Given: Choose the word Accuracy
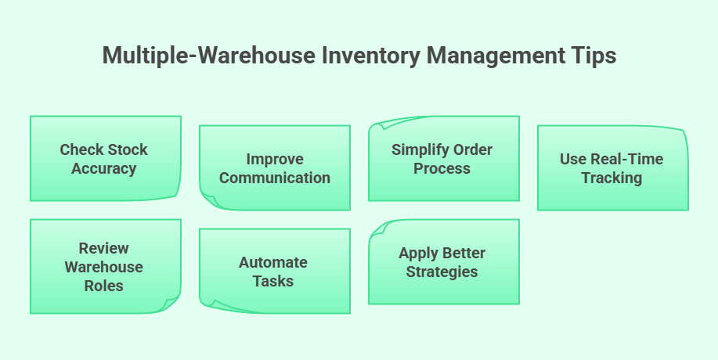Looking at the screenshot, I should pyautogui.click(x=104, y=168).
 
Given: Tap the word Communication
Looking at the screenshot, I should pyautogui.click(x=275, y=178).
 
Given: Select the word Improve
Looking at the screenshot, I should pyautogui.click(x=275, y=159).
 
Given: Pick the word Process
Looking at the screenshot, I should pyautogui.click(x=444, y=168).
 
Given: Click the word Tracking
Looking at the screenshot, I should pyautogui.click(x=612, y=178).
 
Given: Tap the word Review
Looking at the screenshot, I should pyautogui.click(x=104, y=248).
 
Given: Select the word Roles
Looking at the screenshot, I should pyautogui.click(x=104, y=286).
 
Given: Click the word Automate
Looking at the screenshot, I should pyautogui.click(x=273, y=262).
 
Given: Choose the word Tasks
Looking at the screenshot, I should pyautogui.click(x=273, y=281).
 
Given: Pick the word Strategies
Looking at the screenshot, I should pyautogui.click(x=442, y=272).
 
